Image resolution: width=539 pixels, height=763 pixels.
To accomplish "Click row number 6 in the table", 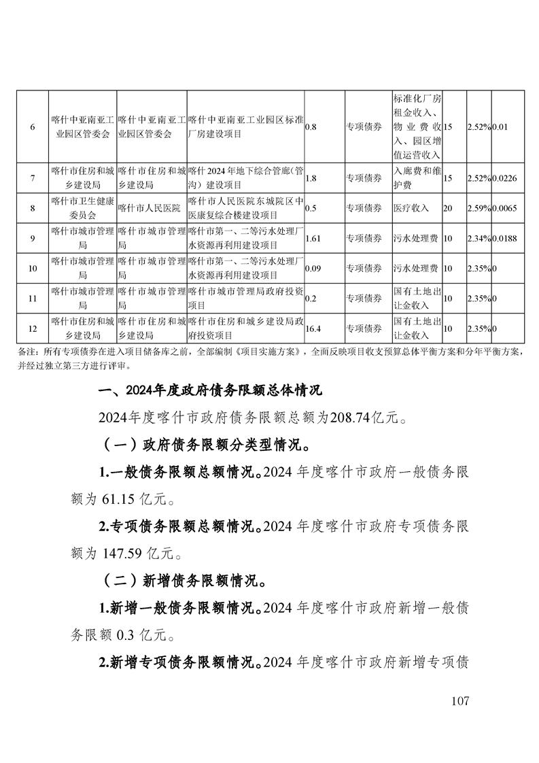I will coord(32,127).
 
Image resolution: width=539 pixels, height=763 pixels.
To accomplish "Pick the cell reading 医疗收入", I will coord(411,208).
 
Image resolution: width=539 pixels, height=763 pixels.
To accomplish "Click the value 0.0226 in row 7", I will coord(504,179).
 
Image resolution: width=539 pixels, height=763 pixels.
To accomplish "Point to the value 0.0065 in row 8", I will coord(504,208).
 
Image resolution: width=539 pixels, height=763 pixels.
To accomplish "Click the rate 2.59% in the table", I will coord(479,208).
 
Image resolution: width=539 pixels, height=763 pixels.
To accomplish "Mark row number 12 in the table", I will coord(32,328).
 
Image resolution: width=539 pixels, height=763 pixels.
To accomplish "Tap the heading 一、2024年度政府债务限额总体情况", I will coord(210,391).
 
